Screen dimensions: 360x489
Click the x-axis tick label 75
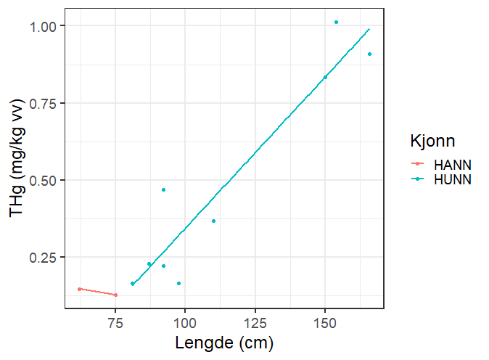pos(115,322)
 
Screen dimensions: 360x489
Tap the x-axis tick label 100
pos(185,322)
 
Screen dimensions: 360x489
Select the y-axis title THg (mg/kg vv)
pos(18,160)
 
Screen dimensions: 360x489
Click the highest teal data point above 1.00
pos(336,22)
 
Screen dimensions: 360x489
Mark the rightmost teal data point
pos(369,54)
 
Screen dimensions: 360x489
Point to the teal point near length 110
pos(213,221)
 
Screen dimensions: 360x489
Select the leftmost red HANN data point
pos(79,289)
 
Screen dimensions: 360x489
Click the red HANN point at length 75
pos(115,295)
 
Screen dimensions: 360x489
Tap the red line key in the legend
pos(417,165)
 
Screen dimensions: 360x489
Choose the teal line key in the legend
pos(417,179)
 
